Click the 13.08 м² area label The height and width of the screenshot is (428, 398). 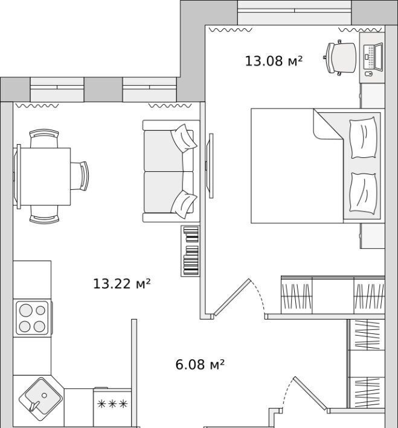click(x=274, y=61)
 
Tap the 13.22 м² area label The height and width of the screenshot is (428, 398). click(x=122, y=283)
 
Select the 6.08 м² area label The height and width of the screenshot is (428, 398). click(x=200, y=364)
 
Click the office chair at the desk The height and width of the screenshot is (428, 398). click(x=340, y=58)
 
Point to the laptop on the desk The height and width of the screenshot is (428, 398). click(x=373, y=57)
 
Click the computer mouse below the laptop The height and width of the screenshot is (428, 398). click(x=369, y=74)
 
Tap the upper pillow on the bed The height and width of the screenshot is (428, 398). click(x=363, y=137)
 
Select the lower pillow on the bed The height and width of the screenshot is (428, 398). click(x=364, y=194)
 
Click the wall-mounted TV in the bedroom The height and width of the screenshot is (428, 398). click(x=210, y=166)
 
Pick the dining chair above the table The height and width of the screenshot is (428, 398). click(x=44, y=138)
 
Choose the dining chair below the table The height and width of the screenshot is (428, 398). click(x=44, y=215)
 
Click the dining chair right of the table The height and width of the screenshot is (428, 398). click(x=80, y=176)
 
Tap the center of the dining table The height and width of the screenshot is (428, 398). click(x=43, y=177)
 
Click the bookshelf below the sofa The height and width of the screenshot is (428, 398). click(x=190, y=251)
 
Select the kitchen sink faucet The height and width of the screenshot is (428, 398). click(x=33, y=406)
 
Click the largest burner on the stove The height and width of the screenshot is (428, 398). click(x=26, y=310)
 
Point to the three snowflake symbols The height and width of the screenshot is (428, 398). click(x=112, y=404)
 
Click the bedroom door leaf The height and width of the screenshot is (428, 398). click(x=232, y=297)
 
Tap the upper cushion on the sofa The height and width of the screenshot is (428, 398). click(x=184, y=138)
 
